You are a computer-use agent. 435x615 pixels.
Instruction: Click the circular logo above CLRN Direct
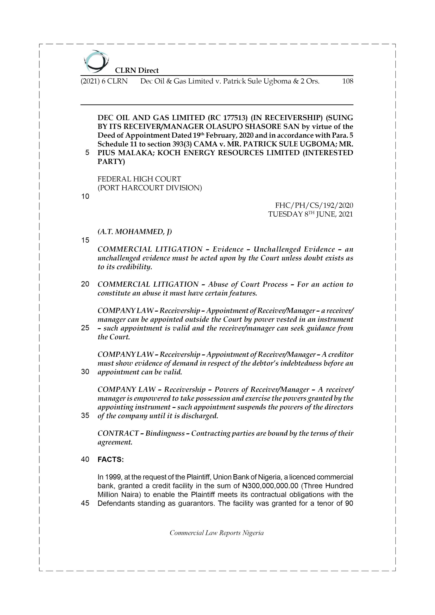96,61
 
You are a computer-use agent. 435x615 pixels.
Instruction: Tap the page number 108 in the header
347,81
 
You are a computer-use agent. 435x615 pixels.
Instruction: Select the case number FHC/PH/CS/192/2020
314,205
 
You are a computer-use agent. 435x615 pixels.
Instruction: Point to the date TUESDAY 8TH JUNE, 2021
310,214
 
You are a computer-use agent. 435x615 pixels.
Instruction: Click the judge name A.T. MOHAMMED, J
135,232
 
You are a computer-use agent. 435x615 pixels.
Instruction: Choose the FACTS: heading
110,460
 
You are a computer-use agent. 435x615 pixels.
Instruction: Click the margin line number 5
87,153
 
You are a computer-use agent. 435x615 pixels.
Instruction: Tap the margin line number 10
85,197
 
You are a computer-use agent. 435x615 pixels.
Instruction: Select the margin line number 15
85,240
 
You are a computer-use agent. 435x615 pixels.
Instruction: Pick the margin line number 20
85,284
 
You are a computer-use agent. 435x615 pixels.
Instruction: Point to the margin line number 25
85,328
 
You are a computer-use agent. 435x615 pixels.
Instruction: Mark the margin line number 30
85,372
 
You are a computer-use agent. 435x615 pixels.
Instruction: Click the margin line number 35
85,415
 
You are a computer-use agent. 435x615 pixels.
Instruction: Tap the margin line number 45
85,503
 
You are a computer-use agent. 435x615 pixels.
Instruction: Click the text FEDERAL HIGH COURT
139,179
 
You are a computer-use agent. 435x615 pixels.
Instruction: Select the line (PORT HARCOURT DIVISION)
149,188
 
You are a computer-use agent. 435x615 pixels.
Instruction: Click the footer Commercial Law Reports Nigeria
217,533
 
